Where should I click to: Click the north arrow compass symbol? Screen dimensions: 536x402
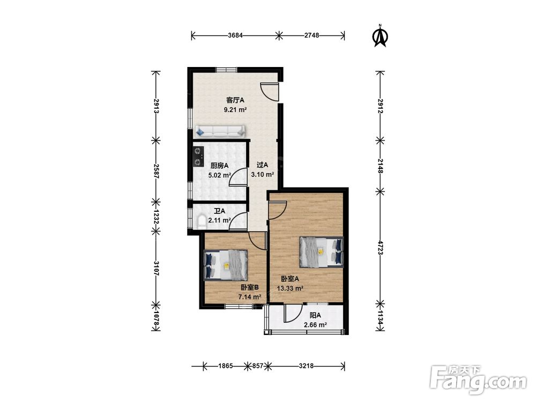click(380, 35)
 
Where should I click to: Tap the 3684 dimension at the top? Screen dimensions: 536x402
click(235, 35)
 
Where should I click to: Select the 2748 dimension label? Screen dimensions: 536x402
click(311, 35)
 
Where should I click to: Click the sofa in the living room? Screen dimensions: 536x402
click(220, 131)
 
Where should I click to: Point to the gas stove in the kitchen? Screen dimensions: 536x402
click(198, 157)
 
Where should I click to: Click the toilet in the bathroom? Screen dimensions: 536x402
click(202, 222)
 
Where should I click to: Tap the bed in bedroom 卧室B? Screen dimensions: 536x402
click(226, 265)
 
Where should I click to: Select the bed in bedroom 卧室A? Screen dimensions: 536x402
click(321, 252)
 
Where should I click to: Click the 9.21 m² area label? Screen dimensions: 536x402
click(235, 110)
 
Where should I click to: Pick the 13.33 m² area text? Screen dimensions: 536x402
click(290, 288)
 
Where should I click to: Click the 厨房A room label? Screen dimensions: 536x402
click(219, 166)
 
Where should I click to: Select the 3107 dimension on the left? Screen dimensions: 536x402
click(156, 269)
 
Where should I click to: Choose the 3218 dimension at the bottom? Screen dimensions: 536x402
click(306, 366)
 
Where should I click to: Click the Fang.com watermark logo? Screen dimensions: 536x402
click(478, 379)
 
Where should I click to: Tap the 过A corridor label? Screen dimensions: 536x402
click(262, 165)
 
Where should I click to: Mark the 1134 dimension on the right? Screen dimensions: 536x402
click(380, 317)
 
